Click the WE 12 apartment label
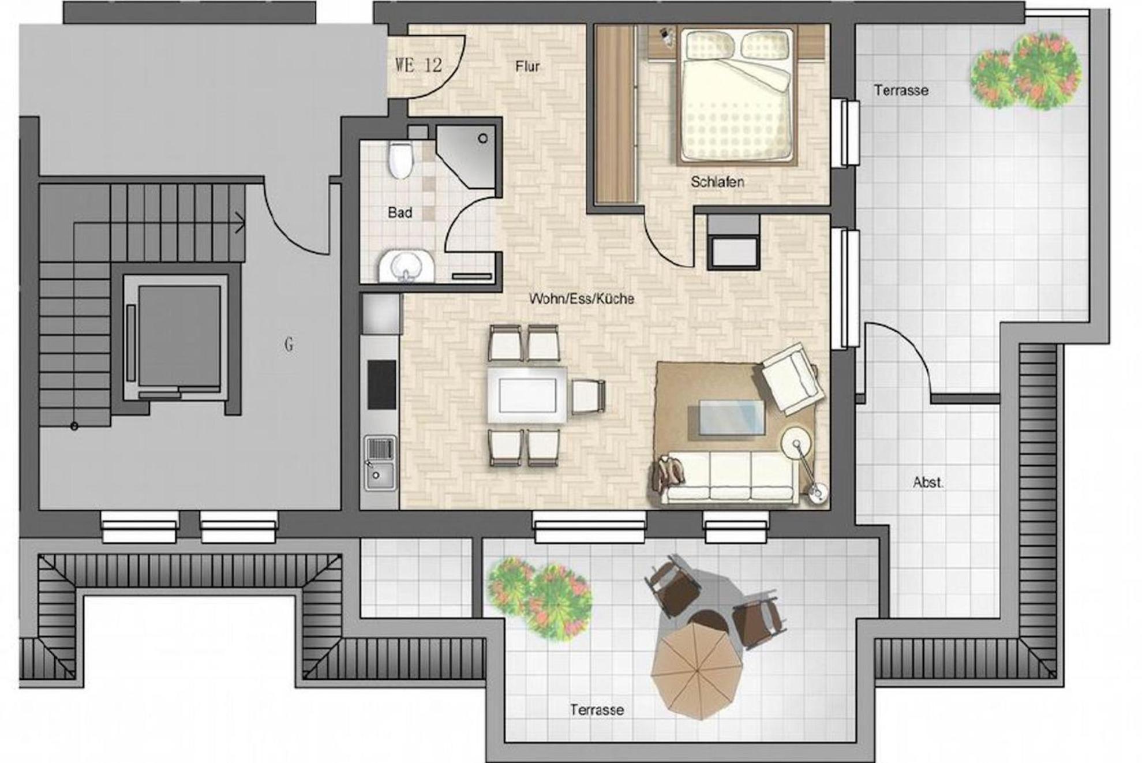[x=418, y=65]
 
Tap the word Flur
[x=527, y=66]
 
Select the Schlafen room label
[x=717, y=182]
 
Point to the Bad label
[x=400, y=212]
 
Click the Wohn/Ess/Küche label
[x=582, y=298]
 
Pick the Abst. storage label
[x=928, y=482]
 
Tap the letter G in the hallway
[x=289, y=345]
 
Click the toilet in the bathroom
[x=400, y=160]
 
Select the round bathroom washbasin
[x=406, y=267]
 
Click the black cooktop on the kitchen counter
[x=382, y=384]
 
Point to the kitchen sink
[x=380, y=463]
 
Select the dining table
[x=527, y=395]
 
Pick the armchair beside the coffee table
[x=792, y=379]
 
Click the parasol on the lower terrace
[x=697, y=672]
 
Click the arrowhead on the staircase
[x=241, y=223]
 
